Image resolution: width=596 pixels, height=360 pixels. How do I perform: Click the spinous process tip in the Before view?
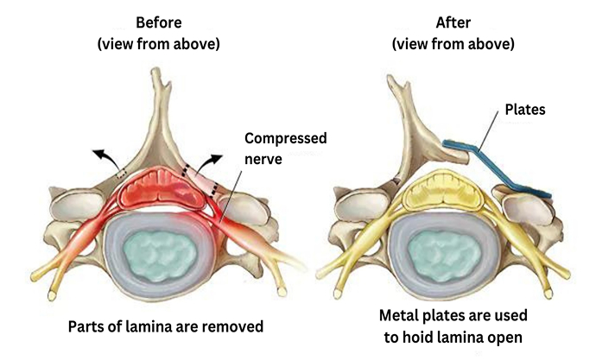155,71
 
